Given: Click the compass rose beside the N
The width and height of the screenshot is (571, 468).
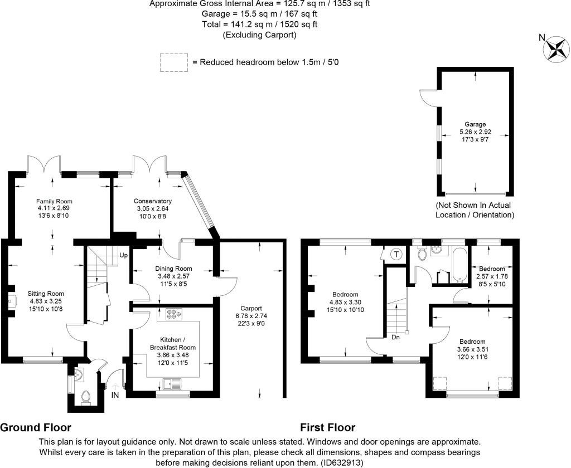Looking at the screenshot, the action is click(x=556, y=49).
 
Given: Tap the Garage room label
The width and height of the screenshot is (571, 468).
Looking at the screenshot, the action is click(x=475, y=124).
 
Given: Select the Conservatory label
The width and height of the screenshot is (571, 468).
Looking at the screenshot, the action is click(x=153, y=201).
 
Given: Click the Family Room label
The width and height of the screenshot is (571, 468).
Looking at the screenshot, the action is click(x=54, y=201).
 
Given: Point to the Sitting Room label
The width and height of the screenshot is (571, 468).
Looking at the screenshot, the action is click(x=46, y=294).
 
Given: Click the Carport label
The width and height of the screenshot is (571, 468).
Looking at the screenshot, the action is click(x=251, y=308).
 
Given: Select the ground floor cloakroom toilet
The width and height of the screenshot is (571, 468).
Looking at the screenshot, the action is click(x=86, y=397).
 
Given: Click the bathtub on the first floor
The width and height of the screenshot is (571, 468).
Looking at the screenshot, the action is click(x=459, y=265).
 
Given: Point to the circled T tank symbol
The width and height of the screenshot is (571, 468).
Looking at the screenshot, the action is click(x=396, y=254).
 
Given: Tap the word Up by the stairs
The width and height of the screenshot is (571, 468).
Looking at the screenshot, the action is click(x=123, y=255).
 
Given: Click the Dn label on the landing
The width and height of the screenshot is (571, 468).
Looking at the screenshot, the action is click(x=395, y=338).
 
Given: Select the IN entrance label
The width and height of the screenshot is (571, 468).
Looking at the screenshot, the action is click(x=115, y=395).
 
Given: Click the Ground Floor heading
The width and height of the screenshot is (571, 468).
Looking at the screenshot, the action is click(x=36, y=427).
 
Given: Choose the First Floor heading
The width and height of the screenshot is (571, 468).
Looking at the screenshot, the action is click(x=328, y=427).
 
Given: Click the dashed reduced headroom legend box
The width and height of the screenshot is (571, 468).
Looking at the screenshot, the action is click(x=174, y=62).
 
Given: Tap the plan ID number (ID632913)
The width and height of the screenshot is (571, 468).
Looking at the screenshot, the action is click(x=342, y=463).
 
